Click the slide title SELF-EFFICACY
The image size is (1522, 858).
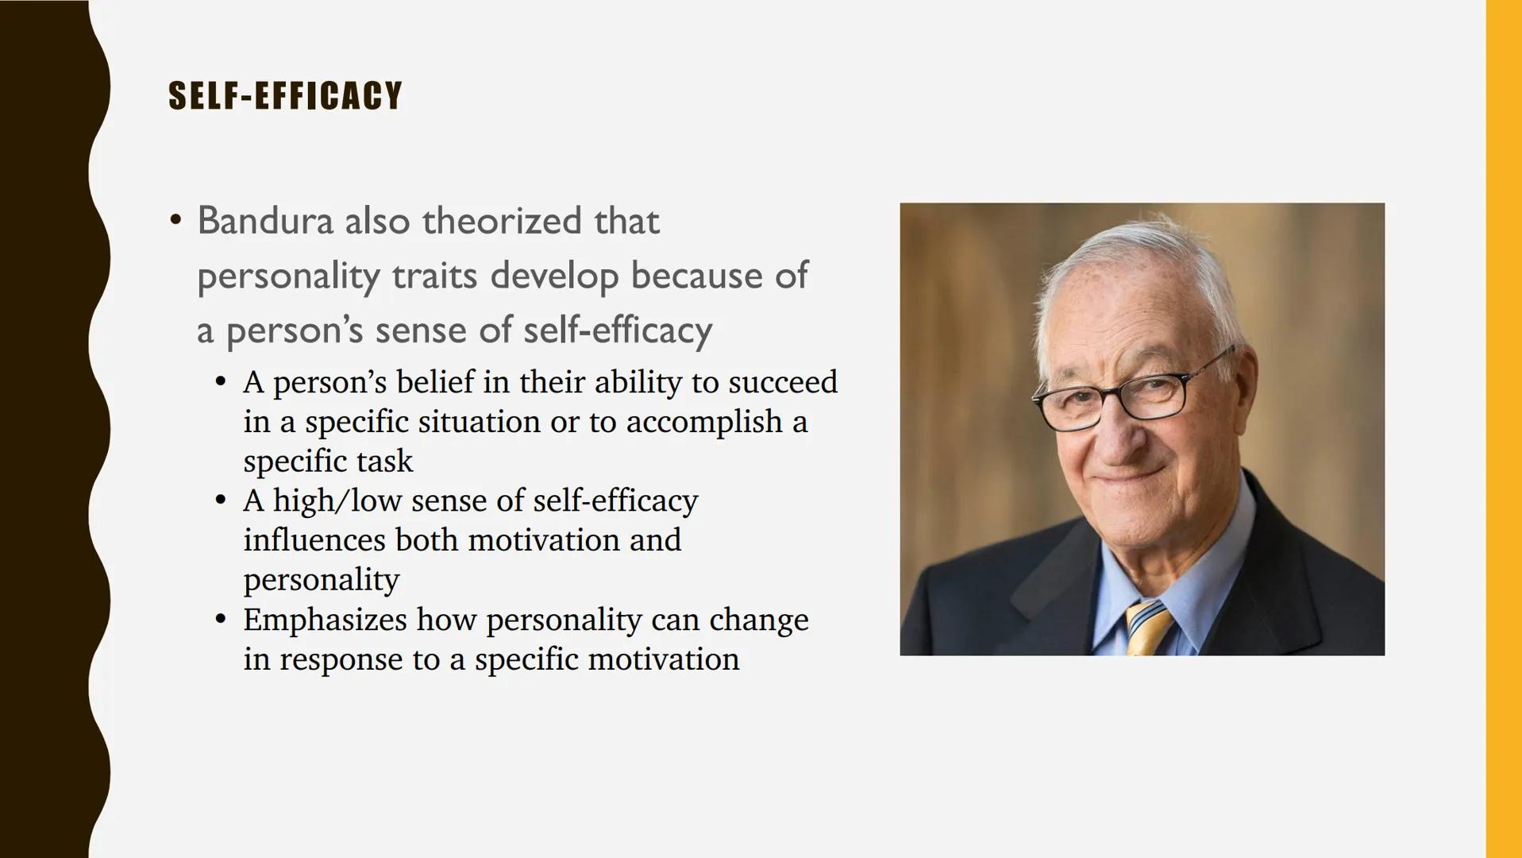[x=285, y=96]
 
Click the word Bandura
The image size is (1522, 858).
[x=264, y=221]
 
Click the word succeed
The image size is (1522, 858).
[x=782, y=382]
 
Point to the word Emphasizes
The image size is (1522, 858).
[x=325, y=620]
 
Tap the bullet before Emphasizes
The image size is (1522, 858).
[x=221, y=619]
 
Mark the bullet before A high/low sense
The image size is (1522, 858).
[x=221, y=500]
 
